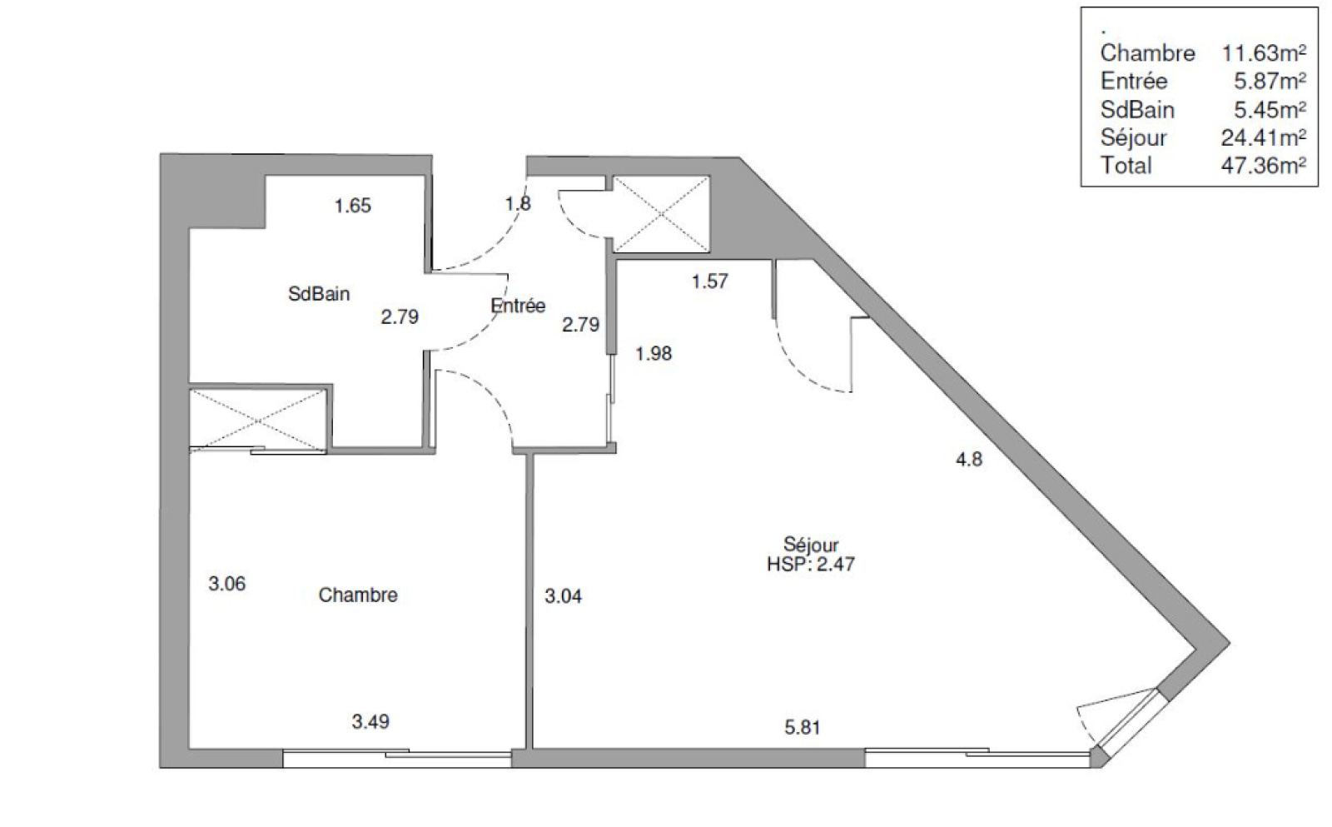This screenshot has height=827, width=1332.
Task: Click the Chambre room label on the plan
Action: click(358, 595)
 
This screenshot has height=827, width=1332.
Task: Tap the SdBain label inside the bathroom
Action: click(319, 294)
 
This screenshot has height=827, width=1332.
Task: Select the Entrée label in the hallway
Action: click(518, 305)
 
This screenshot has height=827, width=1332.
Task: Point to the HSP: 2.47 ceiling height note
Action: click(811, 564)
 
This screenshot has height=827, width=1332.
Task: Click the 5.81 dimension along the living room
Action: click(803, 727)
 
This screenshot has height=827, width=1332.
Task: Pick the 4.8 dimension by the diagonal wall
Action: click(969, 460)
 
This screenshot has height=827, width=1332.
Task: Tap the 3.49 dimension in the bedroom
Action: click(370, 722)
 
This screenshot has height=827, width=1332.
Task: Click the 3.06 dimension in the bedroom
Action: click(227, 584)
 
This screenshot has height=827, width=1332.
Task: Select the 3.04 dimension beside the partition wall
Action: click(563, 595)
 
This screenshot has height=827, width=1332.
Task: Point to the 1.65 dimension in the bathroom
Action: click(353, 206)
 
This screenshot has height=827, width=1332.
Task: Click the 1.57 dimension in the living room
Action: click(710, 281)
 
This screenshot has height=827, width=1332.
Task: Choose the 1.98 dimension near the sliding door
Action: click(654, 354)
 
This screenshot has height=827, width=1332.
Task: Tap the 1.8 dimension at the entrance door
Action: click(518, 203)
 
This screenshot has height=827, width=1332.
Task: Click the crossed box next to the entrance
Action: click(661, 213)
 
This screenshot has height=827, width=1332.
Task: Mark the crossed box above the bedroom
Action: click(257, 421)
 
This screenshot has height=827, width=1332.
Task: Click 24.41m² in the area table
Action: click(1264, 138)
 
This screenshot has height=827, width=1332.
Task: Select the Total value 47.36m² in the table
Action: click(1264, 166)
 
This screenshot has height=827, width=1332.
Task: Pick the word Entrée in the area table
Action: click(1134, 81)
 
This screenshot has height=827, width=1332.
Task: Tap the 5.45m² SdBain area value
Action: click(1270, 110)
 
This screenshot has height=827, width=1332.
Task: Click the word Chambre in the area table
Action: click(1148, 53)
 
